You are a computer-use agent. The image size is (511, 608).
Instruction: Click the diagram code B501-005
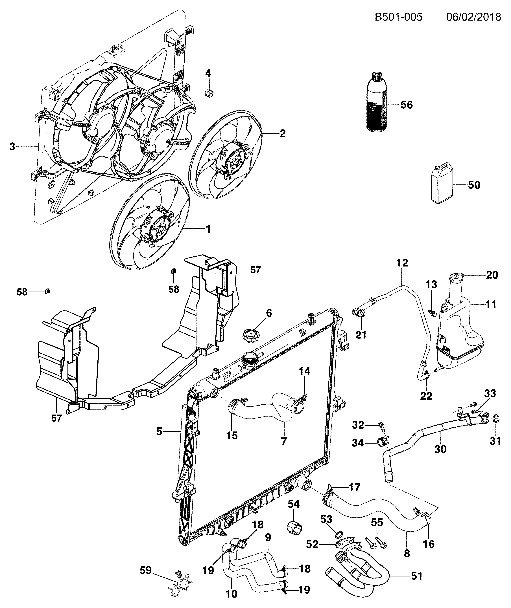pyautogui.click(x=399, y=17)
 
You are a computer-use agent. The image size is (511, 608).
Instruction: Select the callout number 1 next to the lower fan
pyautogui.click(x=208, y=229)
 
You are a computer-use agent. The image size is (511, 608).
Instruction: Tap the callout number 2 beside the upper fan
pyautogui.click(x=282, y=133)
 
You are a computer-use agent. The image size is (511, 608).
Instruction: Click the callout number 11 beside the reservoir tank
pyautogui.click(x=491, y=304)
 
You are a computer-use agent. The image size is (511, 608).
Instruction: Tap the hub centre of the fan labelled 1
pyautogui.click(x=159, y=230)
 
